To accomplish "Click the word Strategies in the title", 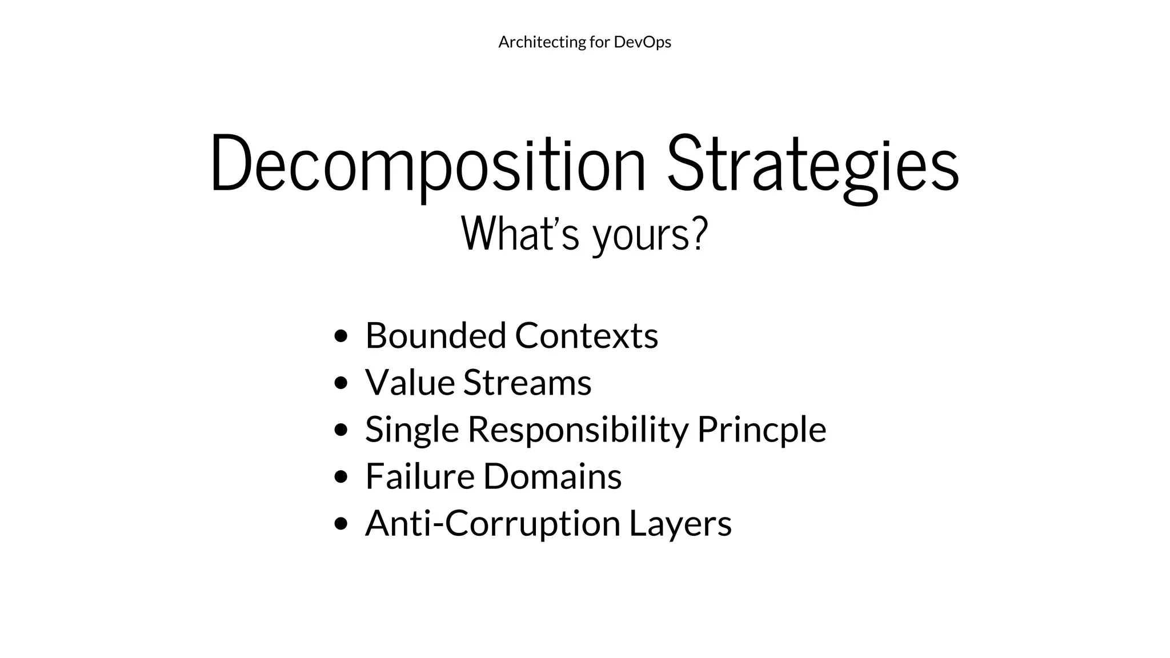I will coord(813,164).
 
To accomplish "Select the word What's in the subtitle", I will coord(520,233).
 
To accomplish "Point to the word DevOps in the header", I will coord(642,42).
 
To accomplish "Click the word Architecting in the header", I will coord(534,42).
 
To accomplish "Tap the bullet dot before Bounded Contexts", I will coord(341,336).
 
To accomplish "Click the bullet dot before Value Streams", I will coord(341,383).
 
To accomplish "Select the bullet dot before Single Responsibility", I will coord(341,430).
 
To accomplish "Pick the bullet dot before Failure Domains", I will coord(341,476).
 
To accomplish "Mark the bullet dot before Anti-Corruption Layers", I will coord(341,523).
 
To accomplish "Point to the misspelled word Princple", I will coord(762,430).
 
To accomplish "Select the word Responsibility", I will coord(578,430).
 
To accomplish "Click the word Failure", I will coord(420,476).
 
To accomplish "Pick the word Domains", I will coord(552,476).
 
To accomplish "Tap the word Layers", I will coord(680,523).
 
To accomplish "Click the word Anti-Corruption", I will coord(492,523).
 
